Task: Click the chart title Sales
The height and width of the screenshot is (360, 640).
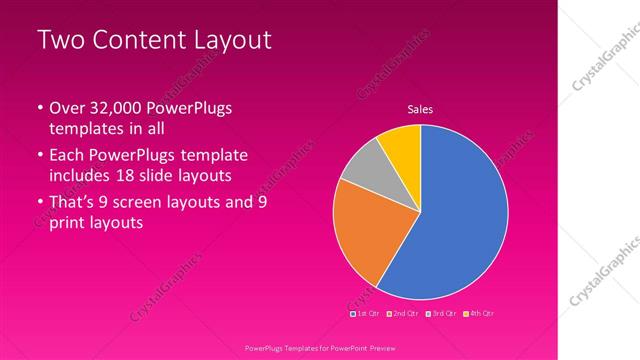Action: click(420, 109)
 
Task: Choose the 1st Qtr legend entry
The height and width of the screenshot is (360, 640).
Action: click(365, 314)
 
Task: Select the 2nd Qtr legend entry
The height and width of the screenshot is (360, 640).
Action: click(403, 314)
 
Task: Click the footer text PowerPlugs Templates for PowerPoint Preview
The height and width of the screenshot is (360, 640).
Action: click(320, 348)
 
